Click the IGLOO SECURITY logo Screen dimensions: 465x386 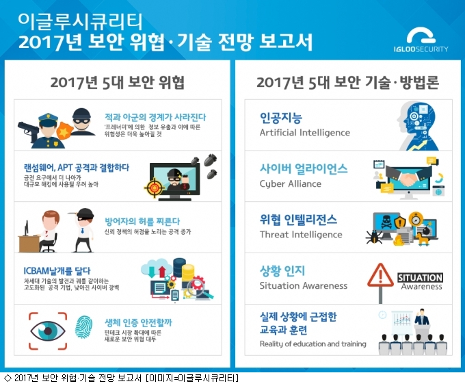(x=421, y=40)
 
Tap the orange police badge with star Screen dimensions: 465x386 (x=64, y=131)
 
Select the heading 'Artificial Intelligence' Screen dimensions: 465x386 (x=304, y=132)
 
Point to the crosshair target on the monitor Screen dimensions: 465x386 (x=154, y=188)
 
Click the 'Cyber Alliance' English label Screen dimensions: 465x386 (x=291, y=184)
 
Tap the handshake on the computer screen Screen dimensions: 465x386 (x=408, y=179)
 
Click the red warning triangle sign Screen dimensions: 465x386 (x=380, y=275)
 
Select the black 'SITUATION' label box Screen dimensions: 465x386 (x=421, y=278)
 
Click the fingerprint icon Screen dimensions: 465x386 (x=83, y=326)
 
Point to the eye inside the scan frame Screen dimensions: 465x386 (x=48, y=331)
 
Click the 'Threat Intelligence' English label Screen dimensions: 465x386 (x=301, y=235)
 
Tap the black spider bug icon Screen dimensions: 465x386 (x=374, y=237)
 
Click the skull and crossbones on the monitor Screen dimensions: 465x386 (x=386, y=222)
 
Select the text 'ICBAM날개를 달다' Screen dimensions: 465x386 (x=57, y=270)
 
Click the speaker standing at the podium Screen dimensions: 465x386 (x=422, y=317)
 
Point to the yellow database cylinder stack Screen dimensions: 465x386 (x=188, y=272)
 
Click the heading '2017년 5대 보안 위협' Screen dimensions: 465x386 (x=118, y=82)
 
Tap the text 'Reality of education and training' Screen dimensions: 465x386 (x=313, y=344)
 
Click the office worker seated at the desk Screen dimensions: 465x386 (x=49, y=231)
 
